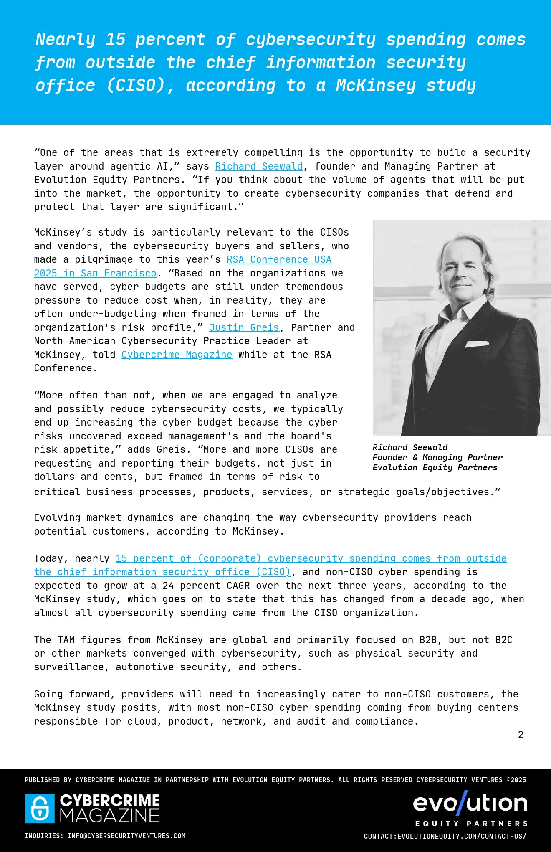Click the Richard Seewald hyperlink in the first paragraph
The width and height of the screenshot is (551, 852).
coord(259,166)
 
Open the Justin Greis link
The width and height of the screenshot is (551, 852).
coord(244,327)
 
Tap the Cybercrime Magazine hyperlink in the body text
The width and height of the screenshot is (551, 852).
coord(177,355)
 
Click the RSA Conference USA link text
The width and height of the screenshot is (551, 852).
coord(279,259)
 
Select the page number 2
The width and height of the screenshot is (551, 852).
coord(521,735)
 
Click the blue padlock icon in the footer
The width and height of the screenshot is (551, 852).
coord(40,808)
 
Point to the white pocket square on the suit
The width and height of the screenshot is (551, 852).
coord(477,344)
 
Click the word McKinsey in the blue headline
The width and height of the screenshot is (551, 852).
coord(376,85)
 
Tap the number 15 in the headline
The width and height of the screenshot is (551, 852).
coord(115,39)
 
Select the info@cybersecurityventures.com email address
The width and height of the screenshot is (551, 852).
coord(126,836)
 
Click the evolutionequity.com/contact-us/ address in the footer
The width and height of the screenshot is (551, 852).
coord(462,836)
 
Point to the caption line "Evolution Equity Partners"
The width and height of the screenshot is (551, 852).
coord(435,467)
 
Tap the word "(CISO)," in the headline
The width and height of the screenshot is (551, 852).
coord(140,85)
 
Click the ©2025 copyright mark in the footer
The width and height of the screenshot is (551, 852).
coord(516,780)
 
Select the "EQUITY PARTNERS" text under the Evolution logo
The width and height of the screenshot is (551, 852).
coord(471,823)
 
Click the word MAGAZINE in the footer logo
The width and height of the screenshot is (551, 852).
coord(109,815)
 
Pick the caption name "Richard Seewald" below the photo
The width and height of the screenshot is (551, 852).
coord(410,447)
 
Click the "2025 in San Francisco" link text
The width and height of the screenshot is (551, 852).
coord(95,273)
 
